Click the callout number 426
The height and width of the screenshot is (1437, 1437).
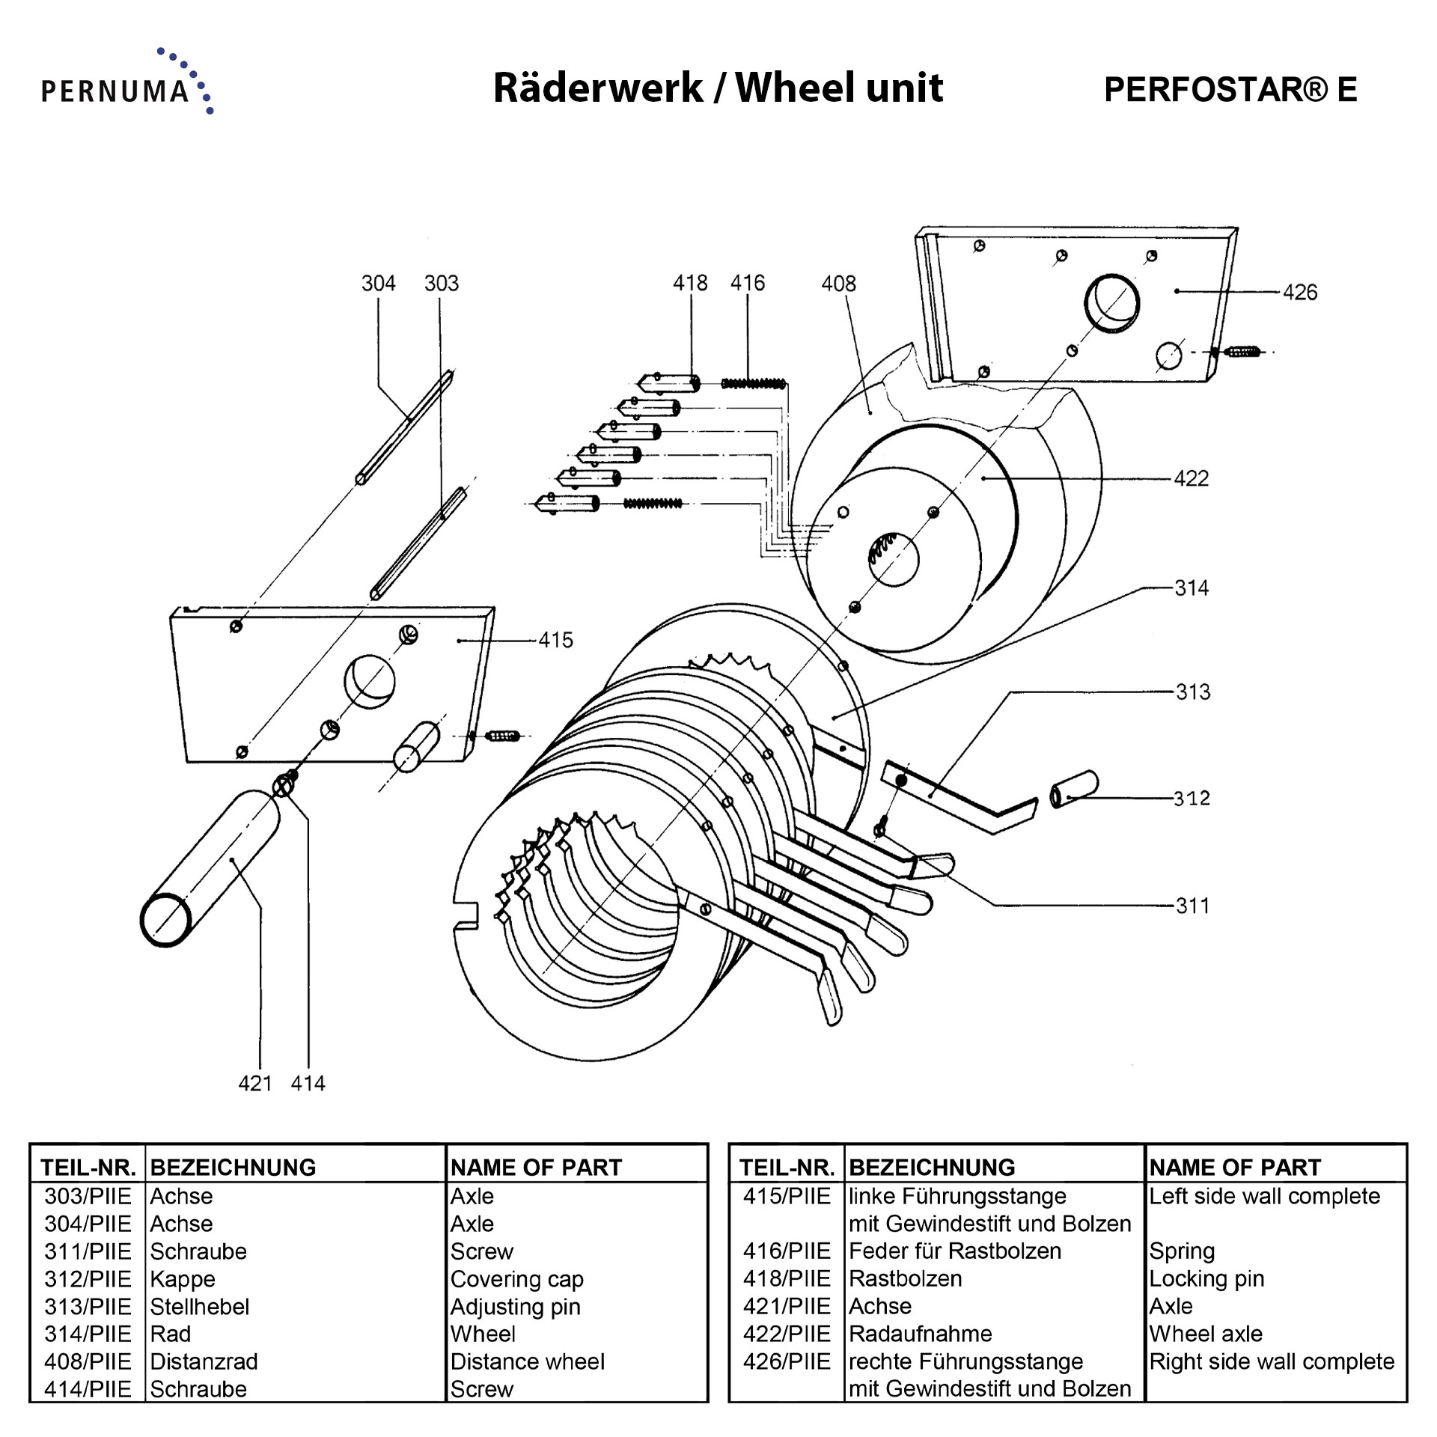(1299, 293)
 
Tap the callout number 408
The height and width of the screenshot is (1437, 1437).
(838, 284)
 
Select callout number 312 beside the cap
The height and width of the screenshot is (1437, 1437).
(1192, 798)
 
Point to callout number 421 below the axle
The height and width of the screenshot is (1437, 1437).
(254, 1083)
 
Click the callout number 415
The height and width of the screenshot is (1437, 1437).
(555, 640)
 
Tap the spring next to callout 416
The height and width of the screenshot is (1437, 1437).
(754, 384)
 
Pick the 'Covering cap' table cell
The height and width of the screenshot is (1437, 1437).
(516, 1279)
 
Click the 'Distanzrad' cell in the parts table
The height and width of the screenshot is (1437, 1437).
(204, 1361)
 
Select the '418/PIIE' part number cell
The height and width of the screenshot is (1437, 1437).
(786, 1278)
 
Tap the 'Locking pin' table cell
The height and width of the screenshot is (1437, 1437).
(1206, 1278)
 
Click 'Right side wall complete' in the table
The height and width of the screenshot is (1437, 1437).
(1272, 1361)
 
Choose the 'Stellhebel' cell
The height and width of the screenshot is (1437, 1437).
(199, 1307)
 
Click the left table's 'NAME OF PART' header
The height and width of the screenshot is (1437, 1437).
(536, 1168)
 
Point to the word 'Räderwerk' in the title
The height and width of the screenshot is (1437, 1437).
(597, 88)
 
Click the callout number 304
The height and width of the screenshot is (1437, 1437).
(378, 284)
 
